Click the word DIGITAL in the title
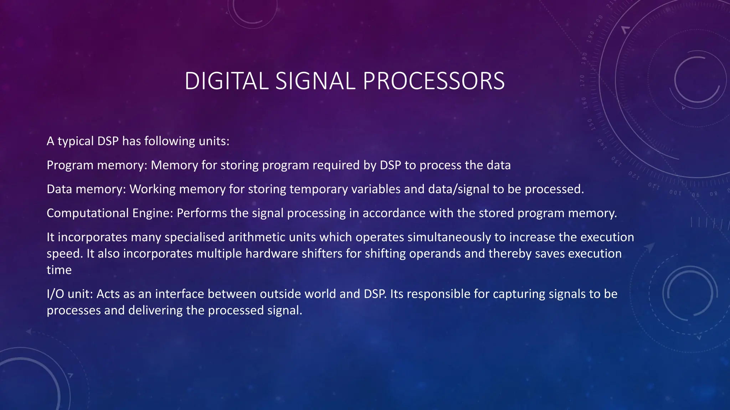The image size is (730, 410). [226, 81]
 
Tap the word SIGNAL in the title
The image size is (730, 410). [315, 81]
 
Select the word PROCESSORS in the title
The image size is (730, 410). [433, 81]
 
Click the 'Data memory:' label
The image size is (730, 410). [86, 189]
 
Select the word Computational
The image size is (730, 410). [88, 213]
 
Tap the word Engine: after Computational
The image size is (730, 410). [153, 213]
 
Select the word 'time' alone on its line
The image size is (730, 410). [59, 270]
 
